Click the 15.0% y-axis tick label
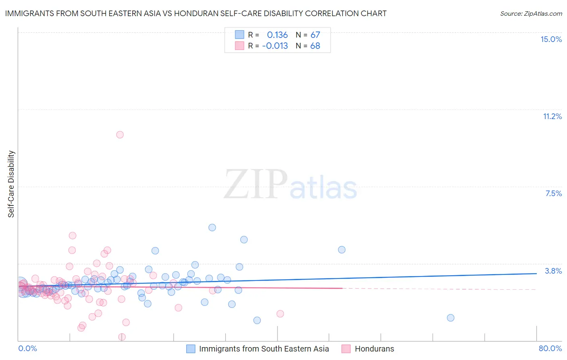click(x=551, y=39)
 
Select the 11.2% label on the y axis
click(x=552, y=116)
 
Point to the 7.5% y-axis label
click(x=553, y=193)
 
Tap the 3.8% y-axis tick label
click(x=553, y=271)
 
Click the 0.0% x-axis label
click(x=27, y=348)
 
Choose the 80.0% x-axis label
click(x=550, y=348)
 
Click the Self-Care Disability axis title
click(x=11, y=184)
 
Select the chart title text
click(x=196, y=13)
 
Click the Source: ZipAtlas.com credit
click(x=531, y=13)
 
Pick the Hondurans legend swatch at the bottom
click(x=346, y=349)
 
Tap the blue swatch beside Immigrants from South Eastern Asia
click(x=191, y=349)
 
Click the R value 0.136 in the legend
click(x=277, y=35)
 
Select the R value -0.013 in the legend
click(x=275, y=46)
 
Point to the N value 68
click(x=315, y=46)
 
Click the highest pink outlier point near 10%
click(x=120, y=135)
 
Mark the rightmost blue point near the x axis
click(x=450, y=318)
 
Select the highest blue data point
click(x=212, y=228)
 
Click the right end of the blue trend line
click(x=536, y=273)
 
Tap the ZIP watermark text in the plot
click(x=256, y=184)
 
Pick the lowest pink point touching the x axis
click(x=122, y=337)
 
